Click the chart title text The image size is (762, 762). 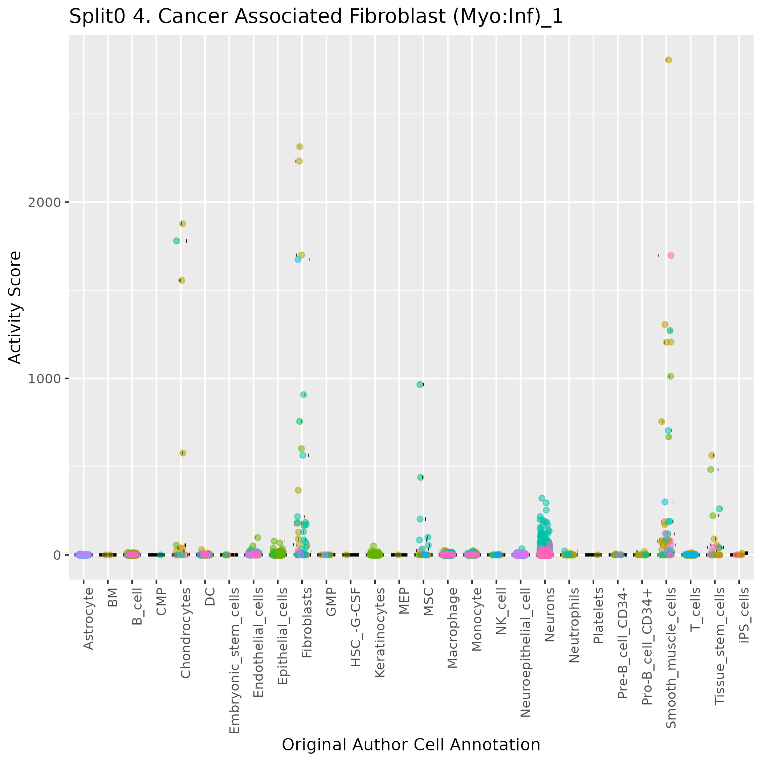pos(316,17)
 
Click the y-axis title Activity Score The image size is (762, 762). pos(15,307)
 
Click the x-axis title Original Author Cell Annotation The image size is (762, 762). pos(411,745)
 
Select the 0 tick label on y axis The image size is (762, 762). pos(56,555)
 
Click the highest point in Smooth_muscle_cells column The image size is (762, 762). pos(669,60)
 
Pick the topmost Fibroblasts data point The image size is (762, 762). pos(300,147)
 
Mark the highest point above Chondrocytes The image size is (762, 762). pos(183,224)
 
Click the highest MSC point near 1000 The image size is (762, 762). pos(420,384)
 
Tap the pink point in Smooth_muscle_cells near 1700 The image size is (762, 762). pos(671,256)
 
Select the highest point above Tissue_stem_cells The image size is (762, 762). pos(712,455)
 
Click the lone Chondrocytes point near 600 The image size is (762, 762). pos(183,453)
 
